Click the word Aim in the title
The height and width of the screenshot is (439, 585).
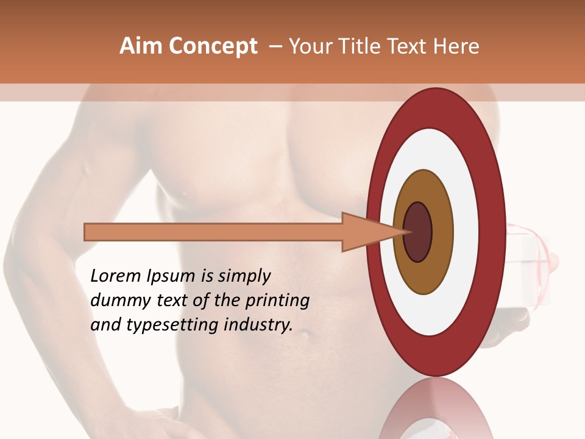coord(140,46)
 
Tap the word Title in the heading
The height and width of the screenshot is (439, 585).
coord(361,46)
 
